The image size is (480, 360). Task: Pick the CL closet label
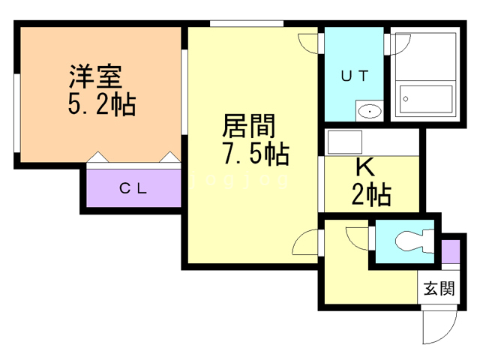click(x=134, y=188)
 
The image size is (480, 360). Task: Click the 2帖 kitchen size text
click(x=370, y=195)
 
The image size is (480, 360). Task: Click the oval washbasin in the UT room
click(x=370, y=112)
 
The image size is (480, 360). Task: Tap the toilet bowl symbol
click(x=409, y=241)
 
